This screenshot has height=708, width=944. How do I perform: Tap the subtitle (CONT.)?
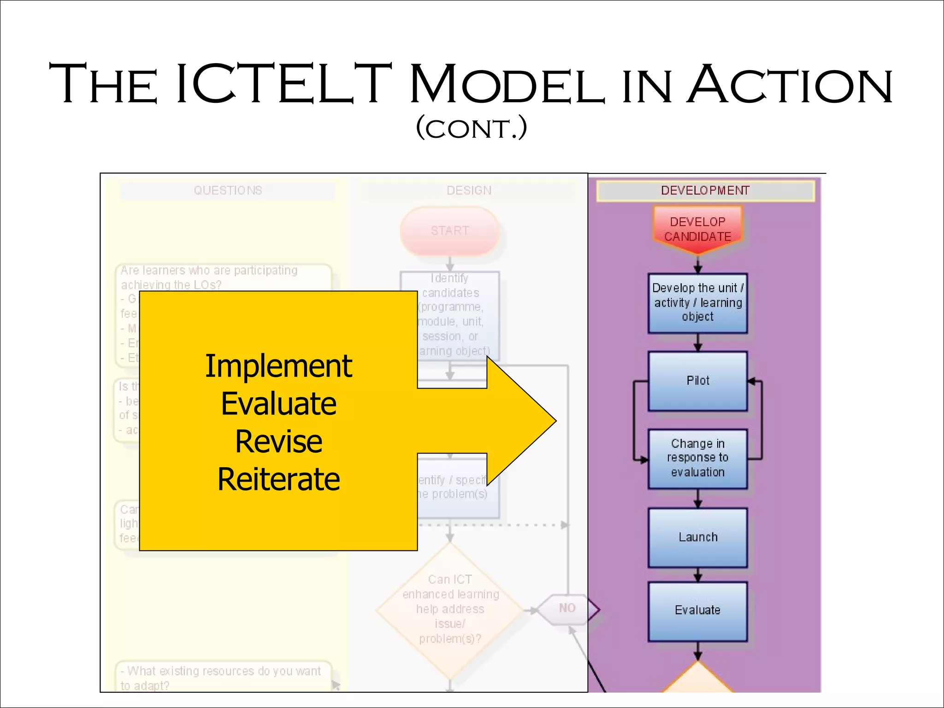point(471,128)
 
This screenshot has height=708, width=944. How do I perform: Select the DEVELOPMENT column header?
point(705,190)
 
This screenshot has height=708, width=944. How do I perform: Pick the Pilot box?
point(697,381)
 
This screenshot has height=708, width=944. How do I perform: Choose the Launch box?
point(697,537)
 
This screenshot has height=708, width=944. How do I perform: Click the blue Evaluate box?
point(697,611)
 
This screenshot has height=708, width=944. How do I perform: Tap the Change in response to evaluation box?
point(697,458)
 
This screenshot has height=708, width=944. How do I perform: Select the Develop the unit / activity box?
point(697,302)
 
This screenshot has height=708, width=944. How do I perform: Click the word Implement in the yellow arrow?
point(278,366)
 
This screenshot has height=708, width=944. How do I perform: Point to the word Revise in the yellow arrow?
point(278,442)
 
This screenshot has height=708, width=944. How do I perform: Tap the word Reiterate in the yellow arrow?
point(278,479)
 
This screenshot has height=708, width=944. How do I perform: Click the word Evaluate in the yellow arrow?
point(278,404)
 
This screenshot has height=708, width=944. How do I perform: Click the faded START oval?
point(450,231)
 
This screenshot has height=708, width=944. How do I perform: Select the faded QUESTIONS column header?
point(228,190)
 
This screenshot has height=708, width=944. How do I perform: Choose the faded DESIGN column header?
point(469,190)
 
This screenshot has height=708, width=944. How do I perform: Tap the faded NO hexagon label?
point(567,608)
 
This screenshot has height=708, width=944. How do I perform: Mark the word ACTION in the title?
point(790,84)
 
